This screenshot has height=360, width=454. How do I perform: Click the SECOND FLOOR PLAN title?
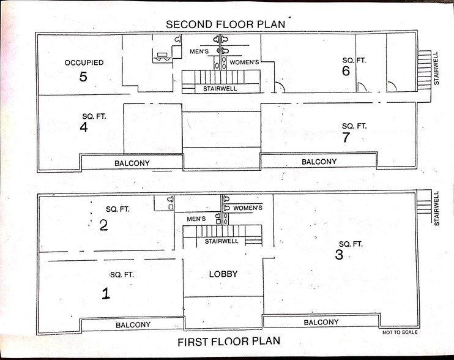click(226, 24)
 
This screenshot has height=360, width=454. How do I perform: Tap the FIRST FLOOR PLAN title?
click(229, 342)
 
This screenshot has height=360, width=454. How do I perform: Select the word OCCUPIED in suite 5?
click(84, 62)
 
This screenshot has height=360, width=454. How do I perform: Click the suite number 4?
click(84, 127)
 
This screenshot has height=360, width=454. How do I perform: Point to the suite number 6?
click(346, 70)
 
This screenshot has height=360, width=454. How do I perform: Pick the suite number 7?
click(346, 137)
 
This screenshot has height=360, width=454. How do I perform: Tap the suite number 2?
click(103, 225)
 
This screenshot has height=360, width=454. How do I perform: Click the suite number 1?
click(106, 293)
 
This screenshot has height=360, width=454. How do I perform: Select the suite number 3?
click(339, 255)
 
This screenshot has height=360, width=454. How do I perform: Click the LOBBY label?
click(223, 274)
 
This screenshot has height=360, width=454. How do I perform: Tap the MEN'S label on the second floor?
click(199, 51)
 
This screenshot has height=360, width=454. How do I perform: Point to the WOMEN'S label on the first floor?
click(248, 208)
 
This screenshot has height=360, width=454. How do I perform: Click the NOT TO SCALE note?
click(400, 332)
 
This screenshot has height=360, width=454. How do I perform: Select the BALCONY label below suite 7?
click(319, 162)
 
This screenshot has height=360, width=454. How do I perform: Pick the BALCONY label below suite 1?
click(133, 325)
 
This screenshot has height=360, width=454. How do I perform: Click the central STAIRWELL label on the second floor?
click(220, 89)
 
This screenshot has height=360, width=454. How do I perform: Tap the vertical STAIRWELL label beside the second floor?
click(436, 69)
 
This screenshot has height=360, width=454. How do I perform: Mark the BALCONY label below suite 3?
click(321, 322)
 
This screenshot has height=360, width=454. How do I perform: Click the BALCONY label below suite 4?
click(132, 163)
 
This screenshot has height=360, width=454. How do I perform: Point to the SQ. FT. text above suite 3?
click(351, 244)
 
